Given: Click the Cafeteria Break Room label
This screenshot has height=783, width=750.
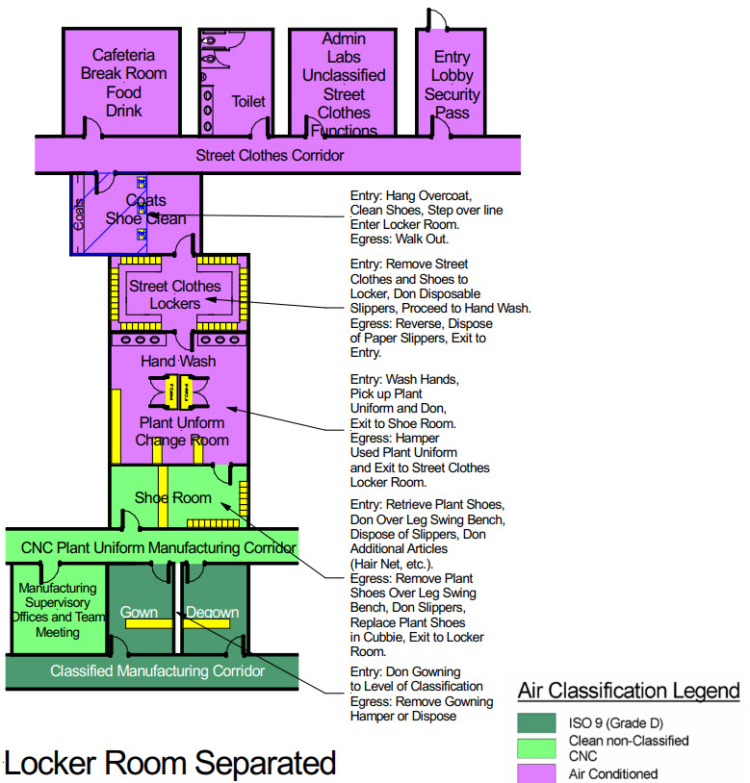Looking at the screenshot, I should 123,83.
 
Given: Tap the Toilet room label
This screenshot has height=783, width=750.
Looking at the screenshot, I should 247,101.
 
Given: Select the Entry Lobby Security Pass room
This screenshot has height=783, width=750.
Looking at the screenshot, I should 452,85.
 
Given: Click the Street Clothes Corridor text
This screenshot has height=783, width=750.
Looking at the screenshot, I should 270,155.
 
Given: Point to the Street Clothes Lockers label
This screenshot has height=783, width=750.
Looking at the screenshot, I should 174,294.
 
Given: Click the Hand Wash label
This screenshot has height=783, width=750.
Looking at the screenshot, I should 178,361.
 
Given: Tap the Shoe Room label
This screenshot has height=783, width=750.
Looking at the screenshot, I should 172,497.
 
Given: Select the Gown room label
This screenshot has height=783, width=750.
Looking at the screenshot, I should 139,612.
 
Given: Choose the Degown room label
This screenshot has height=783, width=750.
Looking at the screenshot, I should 212,612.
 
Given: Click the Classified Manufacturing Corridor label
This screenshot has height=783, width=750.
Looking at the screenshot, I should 157,670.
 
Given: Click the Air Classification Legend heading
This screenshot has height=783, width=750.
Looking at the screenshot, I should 628,691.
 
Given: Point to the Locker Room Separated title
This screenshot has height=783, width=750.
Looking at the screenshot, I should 170,763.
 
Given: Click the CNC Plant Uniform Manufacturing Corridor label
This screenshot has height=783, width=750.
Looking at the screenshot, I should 151,548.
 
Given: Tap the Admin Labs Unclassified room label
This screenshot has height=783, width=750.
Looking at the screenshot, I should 344,85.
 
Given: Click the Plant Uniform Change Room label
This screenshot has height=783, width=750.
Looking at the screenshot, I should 182,431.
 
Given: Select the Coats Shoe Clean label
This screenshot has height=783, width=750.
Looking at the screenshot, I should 146,209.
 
